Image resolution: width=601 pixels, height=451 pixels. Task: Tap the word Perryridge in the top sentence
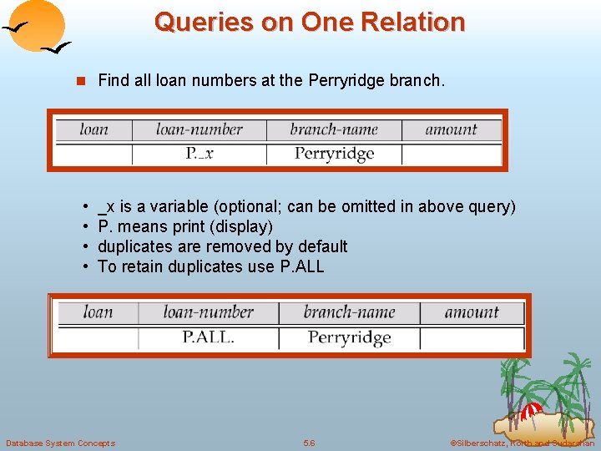click(x=351, y=81)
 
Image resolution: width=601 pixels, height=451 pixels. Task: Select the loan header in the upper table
click(x=93, y=129)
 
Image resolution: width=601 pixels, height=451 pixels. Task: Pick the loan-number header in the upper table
click(x=199, y=129)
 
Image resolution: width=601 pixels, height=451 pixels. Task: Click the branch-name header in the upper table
click(x=334, y=129)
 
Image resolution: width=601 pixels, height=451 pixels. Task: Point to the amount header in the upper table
click(x=451, y=129)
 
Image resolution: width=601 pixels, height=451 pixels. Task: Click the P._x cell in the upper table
click(x=199, y=154)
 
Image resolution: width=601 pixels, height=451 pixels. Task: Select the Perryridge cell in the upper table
click(x=334, y=154)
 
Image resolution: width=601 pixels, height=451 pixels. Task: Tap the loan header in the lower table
click(x=98, y=312)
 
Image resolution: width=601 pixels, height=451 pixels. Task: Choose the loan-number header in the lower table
click(x=208, y=312)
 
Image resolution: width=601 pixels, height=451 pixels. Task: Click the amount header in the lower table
click(x=472, y=312)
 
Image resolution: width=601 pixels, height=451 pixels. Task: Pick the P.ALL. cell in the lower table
click(x=208, y=337)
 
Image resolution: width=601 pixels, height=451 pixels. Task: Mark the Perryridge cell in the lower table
click(x=349, y=337)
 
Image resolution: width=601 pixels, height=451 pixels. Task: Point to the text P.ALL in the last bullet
click(x=301, y=266)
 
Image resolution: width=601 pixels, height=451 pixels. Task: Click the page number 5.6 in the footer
click(x=309, y=443)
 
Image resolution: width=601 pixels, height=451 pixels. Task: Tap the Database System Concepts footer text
click(x=60, y=443)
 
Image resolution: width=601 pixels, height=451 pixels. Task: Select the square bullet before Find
click(x=81, y=82)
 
